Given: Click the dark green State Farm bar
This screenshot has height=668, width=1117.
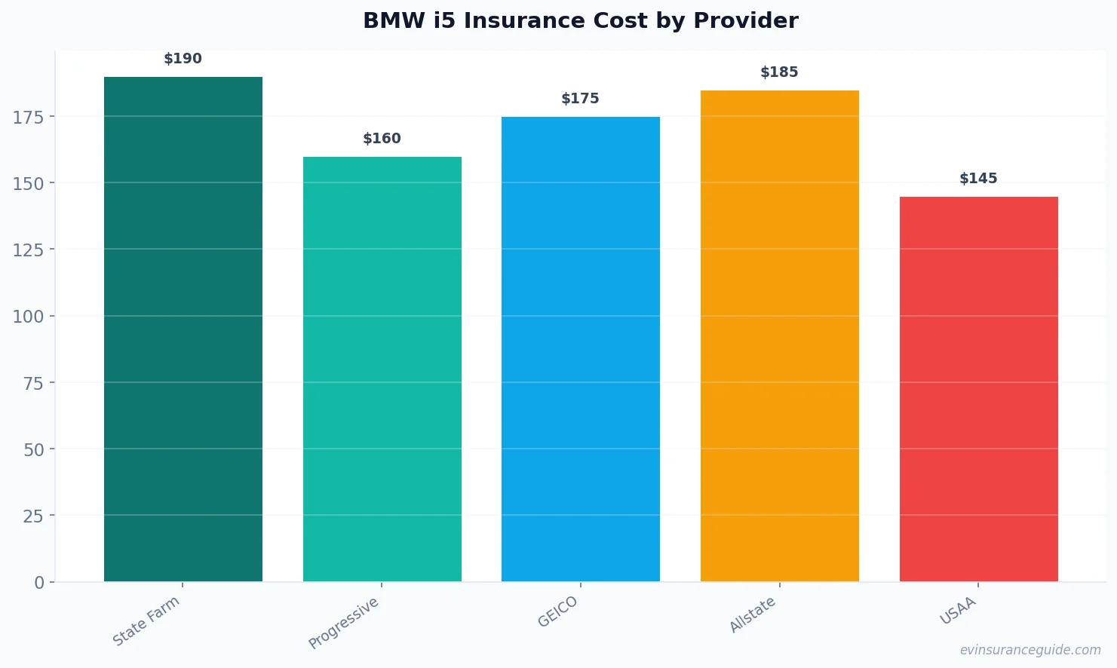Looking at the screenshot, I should [183, 329].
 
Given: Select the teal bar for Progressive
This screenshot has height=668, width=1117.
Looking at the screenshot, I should [382, 369].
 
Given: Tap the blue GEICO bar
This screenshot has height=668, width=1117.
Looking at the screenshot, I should [580, 349].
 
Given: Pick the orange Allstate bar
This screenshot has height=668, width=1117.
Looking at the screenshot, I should [779, 336].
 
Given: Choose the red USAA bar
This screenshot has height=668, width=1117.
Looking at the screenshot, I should [978, 389].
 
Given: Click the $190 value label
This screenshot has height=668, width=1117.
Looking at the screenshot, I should [183, 59].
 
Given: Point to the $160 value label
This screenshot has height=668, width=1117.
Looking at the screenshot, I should [382, 139].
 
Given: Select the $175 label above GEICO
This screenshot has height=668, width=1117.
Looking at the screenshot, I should [580, 99].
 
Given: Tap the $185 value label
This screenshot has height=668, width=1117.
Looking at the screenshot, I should [779, 72].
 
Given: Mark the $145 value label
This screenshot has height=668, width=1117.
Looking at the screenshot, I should [978, 179].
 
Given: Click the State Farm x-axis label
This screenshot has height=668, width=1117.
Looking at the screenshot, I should [146, 621].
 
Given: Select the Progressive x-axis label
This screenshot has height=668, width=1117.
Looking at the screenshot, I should [344, 623].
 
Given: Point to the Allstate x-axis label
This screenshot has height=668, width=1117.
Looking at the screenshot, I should [753, 614].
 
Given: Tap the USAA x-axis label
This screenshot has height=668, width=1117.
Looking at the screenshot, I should [958, 611].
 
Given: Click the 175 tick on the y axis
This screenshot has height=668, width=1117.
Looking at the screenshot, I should [28, 117].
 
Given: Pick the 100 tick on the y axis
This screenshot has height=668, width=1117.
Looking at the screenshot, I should [28, 317].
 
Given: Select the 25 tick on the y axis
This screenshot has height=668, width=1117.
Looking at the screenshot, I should [33, 516].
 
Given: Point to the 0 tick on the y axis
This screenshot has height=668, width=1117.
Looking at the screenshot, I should [39, 583].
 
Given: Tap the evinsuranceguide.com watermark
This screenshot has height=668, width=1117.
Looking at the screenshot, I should [1030, 650].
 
